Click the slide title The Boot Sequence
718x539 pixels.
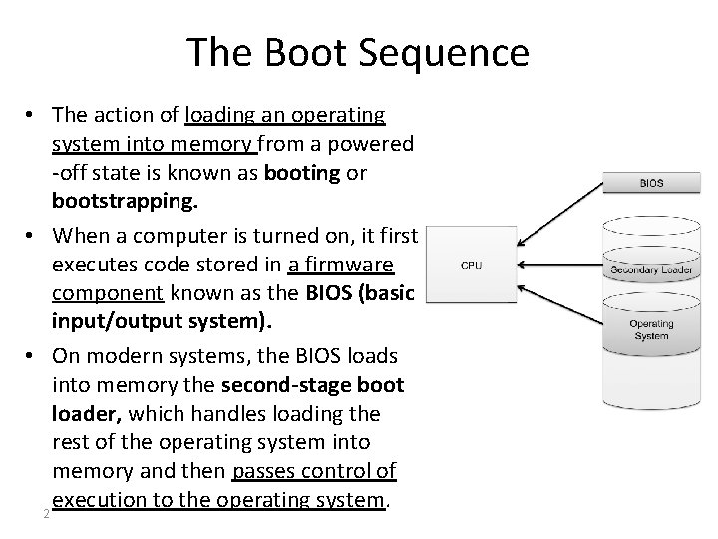[358, 52]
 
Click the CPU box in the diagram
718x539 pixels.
[472, 265]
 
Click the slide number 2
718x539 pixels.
[46, 515]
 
